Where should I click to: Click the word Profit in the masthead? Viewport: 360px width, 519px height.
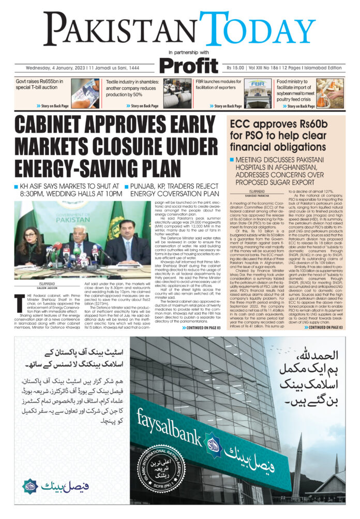click(188, 66)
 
